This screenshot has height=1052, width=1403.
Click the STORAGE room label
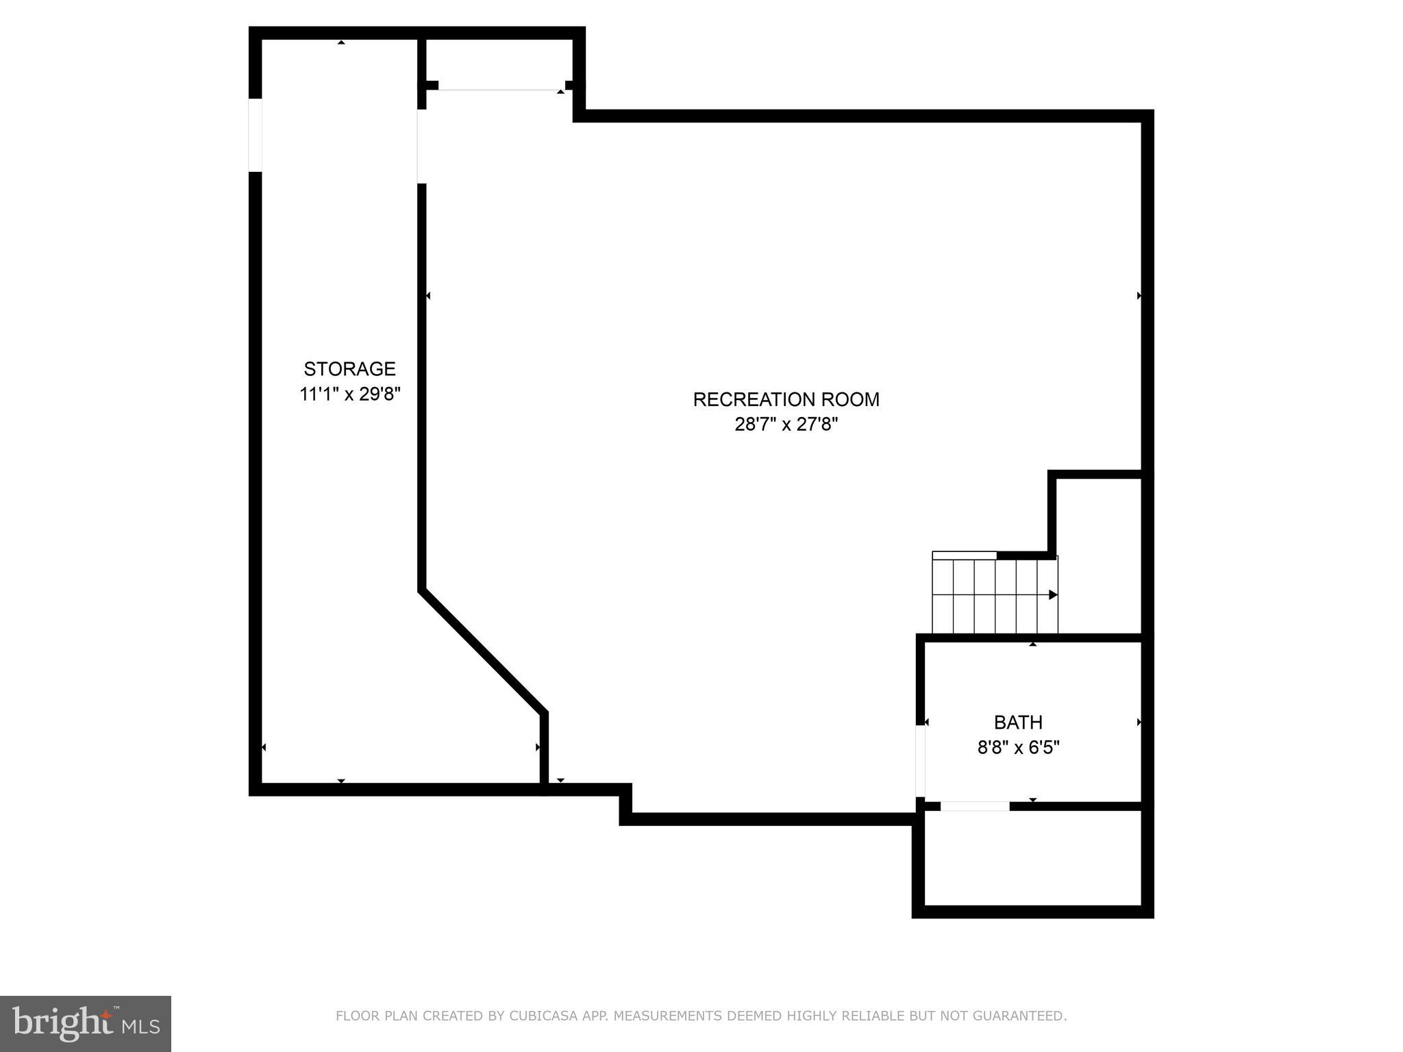(x=349, y=369)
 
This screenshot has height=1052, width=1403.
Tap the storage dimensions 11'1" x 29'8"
(x=349, y=394)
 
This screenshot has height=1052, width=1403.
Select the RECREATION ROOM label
(x=786, y=399)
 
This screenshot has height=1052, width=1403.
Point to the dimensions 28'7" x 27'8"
(x=786, y=425)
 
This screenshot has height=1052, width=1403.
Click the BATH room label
(x=1018, y=723)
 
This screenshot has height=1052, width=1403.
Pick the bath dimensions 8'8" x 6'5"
(x=1018, y=747)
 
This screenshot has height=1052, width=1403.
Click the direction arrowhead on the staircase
(x=1053, y=594)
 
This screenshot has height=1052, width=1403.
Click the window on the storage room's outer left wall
(x=255, y=135)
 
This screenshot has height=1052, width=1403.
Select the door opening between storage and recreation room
(x=422, y=146)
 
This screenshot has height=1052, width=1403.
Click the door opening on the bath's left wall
(x=921, y=761)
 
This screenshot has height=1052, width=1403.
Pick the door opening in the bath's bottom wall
(x=974, y=806)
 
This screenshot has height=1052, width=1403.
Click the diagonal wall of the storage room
(x=483, y=651)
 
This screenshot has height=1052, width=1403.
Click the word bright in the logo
(x=62, y=1023)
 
